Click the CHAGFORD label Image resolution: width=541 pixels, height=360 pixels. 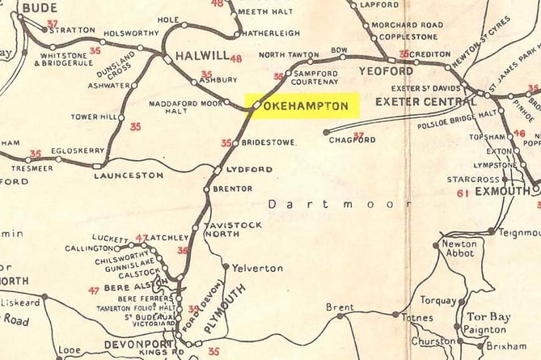[353, 140]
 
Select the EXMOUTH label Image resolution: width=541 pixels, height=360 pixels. [502, 193]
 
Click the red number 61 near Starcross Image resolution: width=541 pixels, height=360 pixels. [463, 193]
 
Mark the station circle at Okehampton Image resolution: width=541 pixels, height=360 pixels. [256, 105]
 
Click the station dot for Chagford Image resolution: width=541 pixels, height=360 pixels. [326, 132]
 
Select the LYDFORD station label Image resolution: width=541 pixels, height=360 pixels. [249, 169]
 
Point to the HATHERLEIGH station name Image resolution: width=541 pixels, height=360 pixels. [272, 33]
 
